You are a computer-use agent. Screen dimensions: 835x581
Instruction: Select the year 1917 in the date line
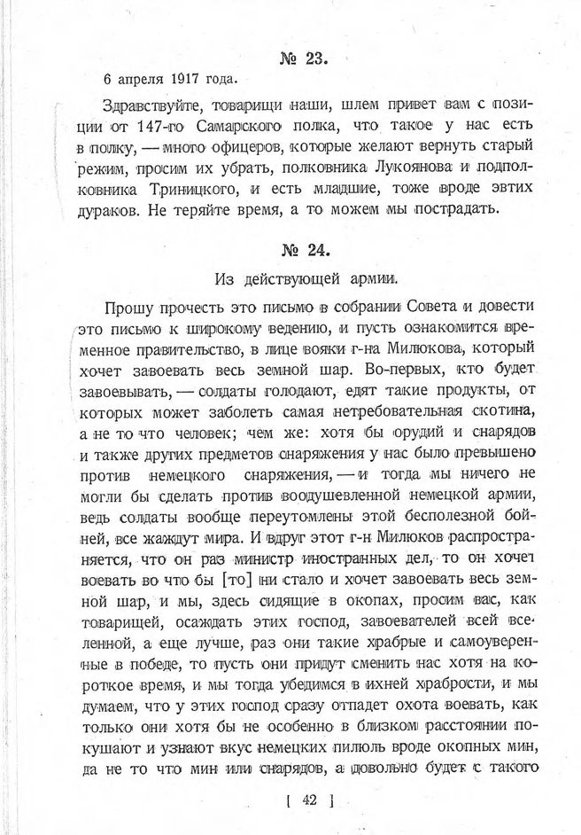point(174,83)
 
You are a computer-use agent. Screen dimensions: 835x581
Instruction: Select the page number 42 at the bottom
point(308,801)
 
